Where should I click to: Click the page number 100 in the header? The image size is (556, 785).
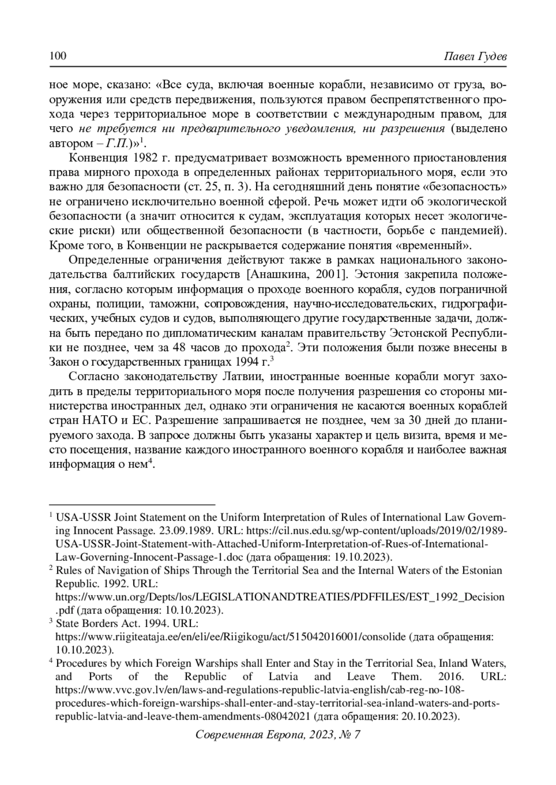[58, 57]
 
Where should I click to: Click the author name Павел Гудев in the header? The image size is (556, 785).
[475, 57]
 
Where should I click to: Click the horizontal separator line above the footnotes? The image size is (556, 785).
[133, 504]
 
